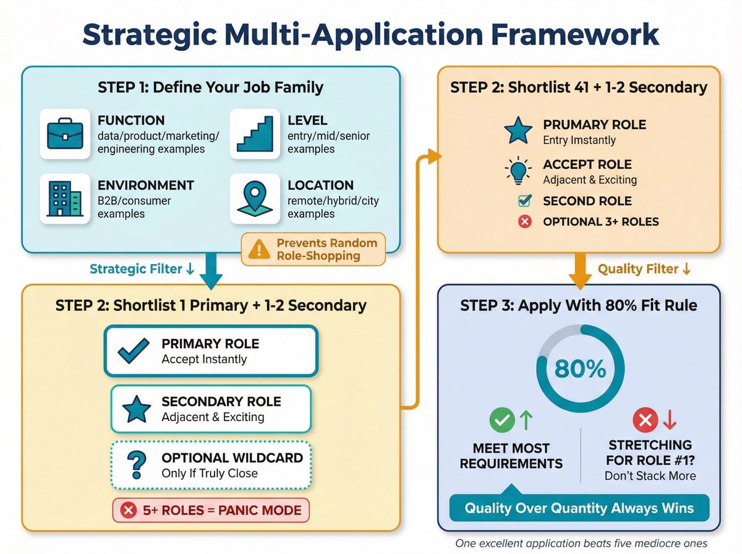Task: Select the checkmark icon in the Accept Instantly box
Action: click(x=133, y=351)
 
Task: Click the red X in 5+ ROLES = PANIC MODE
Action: click(x=129, y=510)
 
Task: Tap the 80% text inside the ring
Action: click(x=580, y=369)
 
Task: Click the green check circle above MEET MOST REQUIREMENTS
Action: click(x=501, y=420)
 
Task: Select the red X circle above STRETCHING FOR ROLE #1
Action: click(x=645, y=420)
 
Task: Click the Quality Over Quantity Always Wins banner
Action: click(x=579, y=509)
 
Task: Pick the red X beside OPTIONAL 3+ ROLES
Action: click(x=524, y=221)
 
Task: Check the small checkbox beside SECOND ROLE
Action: click(x=524, y=201)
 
